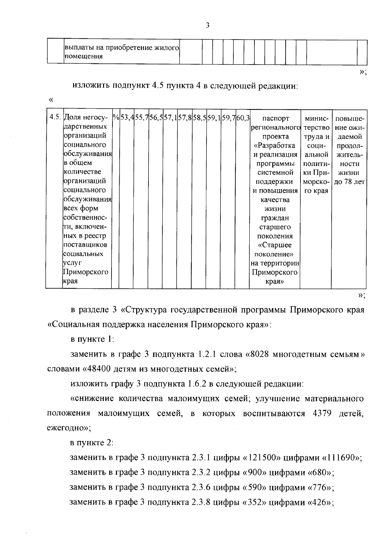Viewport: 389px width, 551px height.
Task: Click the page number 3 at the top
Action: pyautogui.click(x=207, y=25)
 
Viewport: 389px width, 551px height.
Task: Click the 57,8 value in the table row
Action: pyautogui.click(x=185, y=118)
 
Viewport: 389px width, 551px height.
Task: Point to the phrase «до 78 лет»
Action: pyautogui.click(x=349, y=182)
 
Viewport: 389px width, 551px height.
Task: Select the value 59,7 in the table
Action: pyautogui.click(x=228, y=118)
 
